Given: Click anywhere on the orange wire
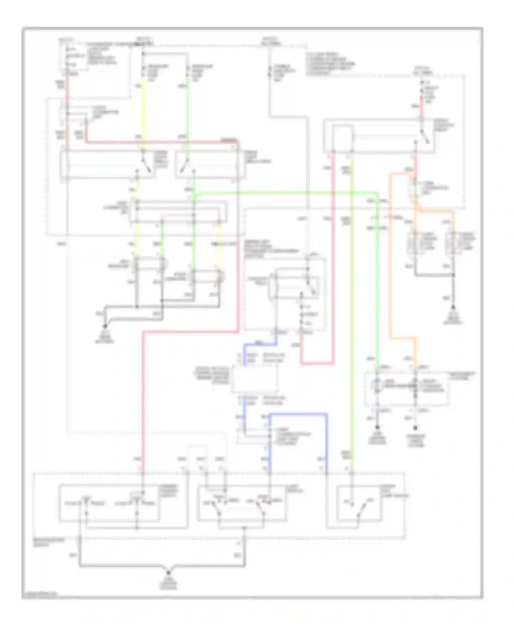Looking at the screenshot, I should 390,257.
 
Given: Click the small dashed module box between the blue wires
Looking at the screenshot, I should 255,379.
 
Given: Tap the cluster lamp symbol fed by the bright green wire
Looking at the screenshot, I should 377,386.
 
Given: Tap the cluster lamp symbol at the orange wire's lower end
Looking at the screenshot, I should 415,386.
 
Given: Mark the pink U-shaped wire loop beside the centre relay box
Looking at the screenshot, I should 317,363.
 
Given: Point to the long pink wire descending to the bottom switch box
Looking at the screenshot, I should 143,394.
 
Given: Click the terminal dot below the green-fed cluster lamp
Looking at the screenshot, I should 377,427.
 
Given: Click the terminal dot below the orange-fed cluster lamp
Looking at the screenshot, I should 415,427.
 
